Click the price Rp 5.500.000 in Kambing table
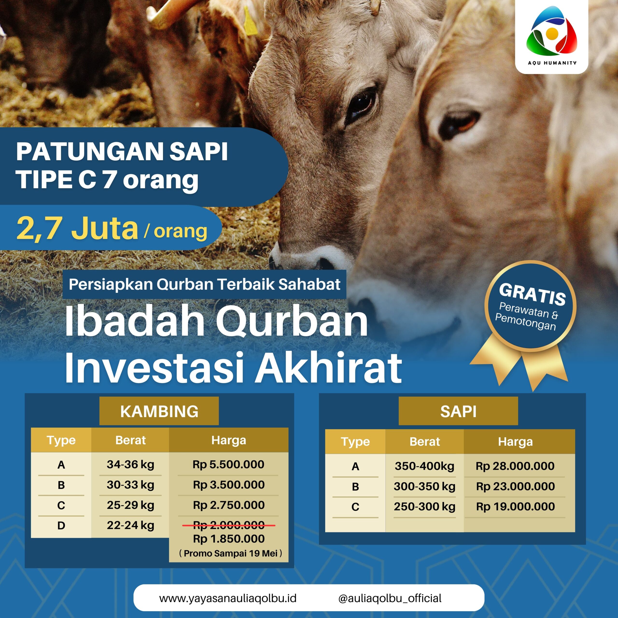pos(228,464)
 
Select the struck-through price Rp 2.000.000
pos(229,525)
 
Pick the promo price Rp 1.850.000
pos(229,539)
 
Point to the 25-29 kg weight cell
pos(131,505)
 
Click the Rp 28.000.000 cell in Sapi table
pos(515,466)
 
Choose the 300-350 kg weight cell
pos(424,486)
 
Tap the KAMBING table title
pos(159,411)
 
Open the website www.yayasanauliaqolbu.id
pos(228,598)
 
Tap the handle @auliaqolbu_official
pos(390,598)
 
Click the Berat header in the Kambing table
pos(131,440)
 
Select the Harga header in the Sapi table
pos(515,442)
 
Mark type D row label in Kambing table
pos(61,525)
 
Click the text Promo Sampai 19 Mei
pos(231,553)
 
